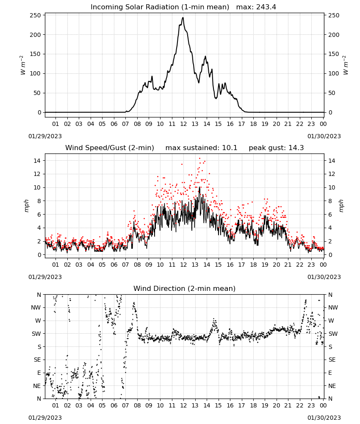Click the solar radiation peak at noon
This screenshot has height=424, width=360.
pos(183,17)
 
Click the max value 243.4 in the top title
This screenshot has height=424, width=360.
pos(266,7)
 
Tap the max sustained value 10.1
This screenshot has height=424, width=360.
pos(230,148)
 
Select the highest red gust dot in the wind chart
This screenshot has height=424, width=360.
pos(199,159)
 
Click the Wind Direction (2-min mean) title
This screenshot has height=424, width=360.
pos(185,288)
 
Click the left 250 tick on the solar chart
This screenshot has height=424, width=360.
pos(36,15)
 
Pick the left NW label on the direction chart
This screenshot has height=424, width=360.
pos(36,307)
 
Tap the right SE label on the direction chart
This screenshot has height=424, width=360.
pos(332,360)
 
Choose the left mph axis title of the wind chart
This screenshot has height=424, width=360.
pos(26,206)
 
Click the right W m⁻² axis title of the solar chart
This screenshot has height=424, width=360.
pos(346,65)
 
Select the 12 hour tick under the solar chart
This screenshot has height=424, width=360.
pos(183,124)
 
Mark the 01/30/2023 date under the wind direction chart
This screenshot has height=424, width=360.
pos(324,418)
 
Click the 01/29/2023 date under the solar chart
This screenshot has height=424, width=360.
pos(45,136)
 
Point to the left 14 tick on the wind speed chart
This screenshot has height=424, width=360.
pos(37,161)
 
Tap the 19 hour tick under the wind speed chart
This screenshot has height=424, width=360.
pos(265,265)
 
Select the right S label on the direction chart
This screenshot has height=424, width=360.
pos(330,347)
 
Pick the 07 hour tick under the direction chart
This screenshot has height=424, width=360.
pos(125,405)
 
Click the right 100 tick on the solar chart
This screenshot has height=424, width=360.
pos(334,73)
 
